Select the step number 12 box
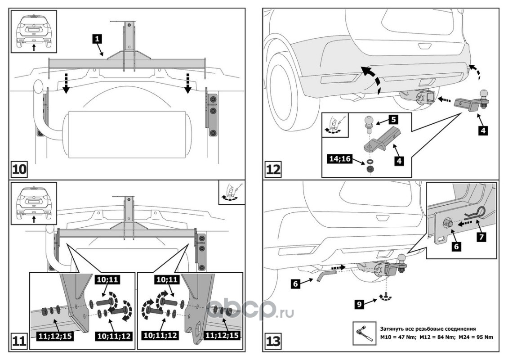pyautogui.click(x=274, y=170)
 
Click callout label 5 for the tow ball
pyautogui.click(x=392, y=120)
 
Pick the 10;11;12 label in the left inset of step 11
pyautogui.click(x=113, y=335)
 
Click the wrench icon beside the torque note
pyautogui.click(x=363, y=332)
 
